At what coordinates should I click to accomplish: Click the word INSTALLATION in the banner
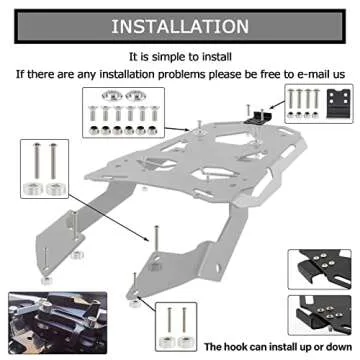[180, 23]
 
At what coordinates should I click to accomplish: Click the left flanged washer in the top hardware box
[108, 97]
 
